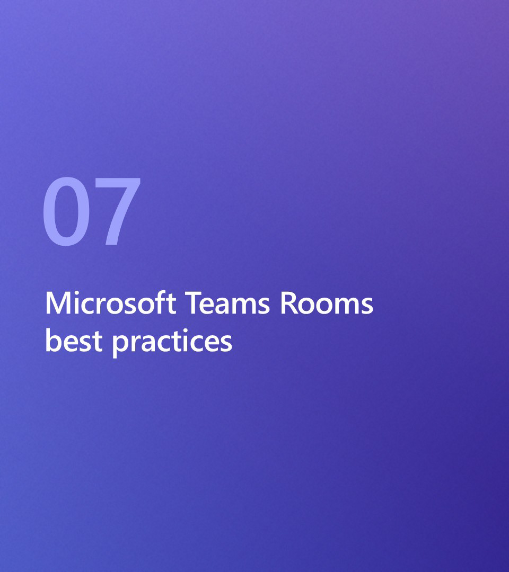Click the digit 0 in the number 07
tap(66, 211)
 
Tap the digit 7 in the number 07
tap(118, 211)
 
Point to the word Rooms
tap(327, 303)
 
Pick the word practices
tap(172, 342)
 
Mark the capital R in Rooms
tap(289, 303)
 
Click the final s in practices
tap(226, 344)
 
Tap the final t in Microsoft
tap(171, 304)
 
